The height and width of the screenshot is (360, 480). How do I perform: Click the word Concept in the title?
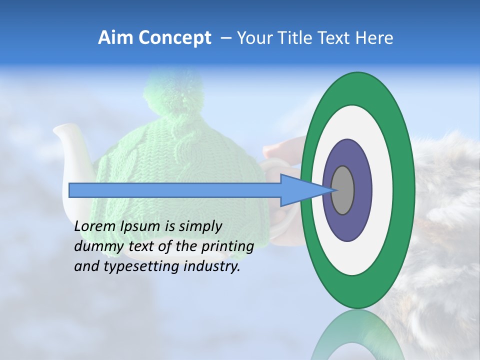(175, 38)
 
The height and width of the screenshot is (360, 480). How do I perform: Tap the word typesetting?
(145, 266)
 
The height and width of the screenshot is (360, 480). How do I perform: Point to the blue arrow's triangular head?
(300, 190)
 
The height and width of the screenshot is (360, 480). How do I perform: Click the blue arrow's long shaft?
(175, 190)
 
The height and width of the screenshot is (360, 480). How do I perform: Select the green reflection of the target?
(358, 335)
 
